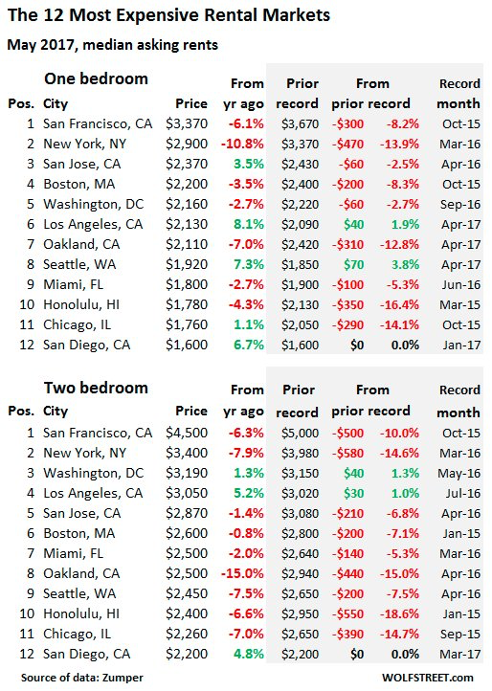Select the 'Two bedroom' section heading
point(95,389)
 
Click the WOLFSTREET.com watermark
point(437,678)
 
